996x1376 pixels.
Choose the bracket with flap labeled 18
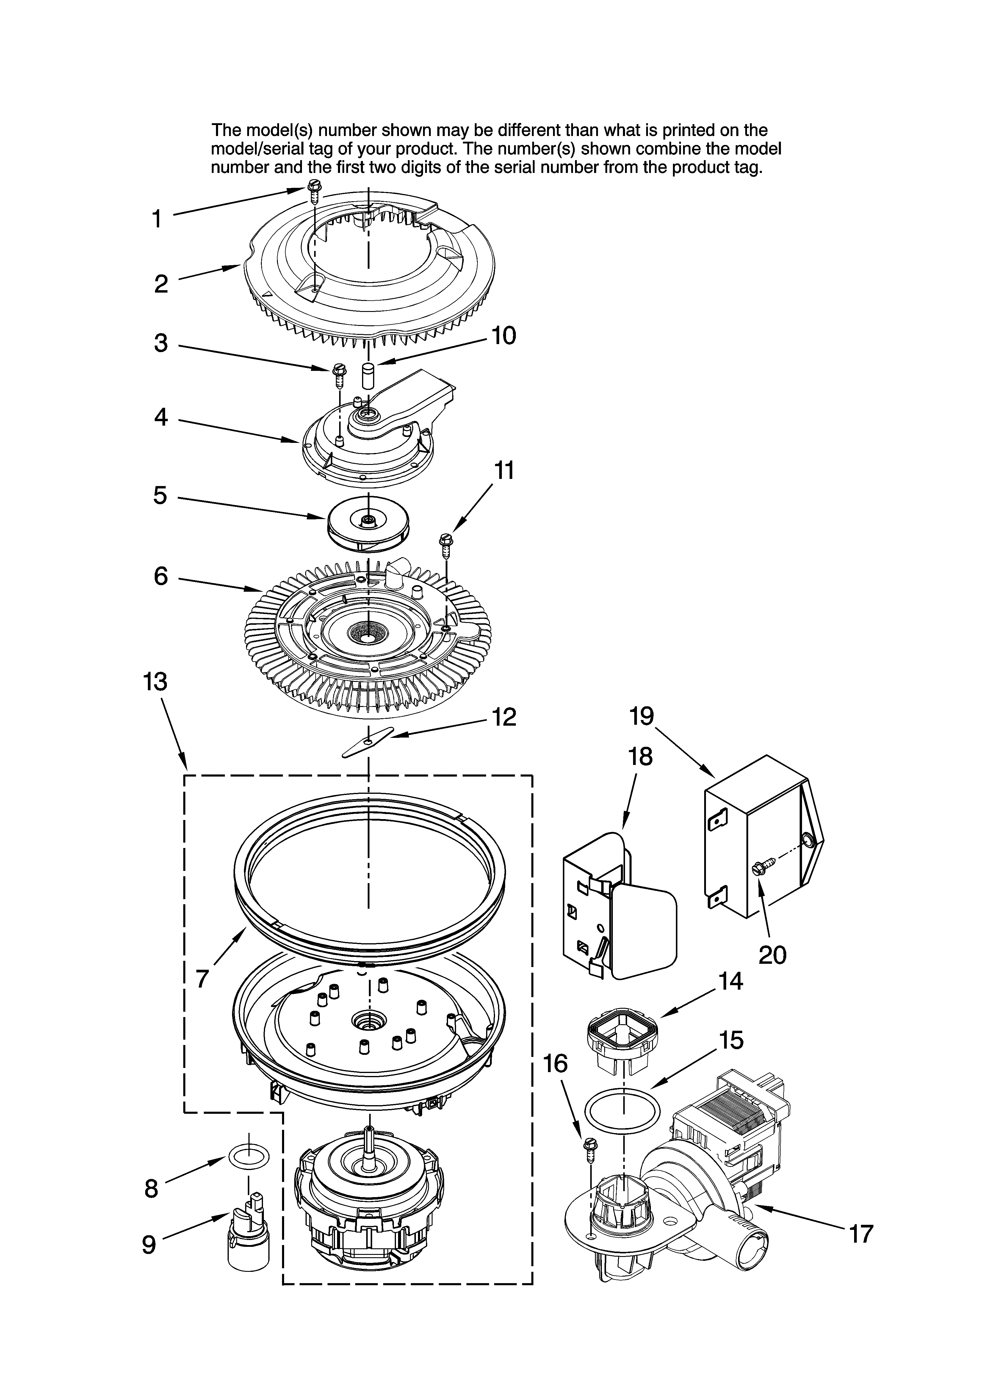point(619,910)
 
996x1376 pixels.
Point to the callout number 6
point(160,576)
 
